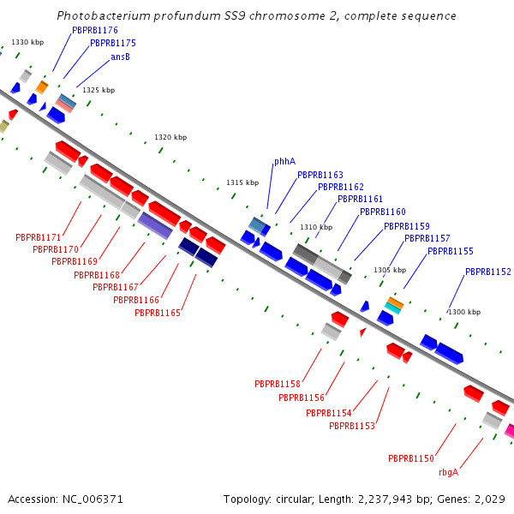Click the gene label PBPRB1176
[95, 30]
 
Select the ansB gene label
[120, 57]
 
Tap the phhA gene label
[284, 161]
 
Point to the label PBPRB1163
[320, 175]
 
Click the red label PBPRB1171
[38, 237]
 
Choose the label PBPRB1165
[157, 313]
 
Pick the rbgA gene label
[448, 472]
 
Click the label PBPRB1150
[410, 458]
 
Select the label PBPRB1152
[487, 272]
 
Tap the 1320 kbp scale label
[170, 137]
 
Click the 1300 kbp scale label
[464, 312]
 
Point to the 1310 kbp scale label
[315, 227]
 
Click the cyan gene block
[393, 307]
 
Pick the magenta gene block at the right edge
[510, 431]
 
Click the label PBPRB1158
[277, 384]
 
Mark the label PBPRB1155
[450, 251]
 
